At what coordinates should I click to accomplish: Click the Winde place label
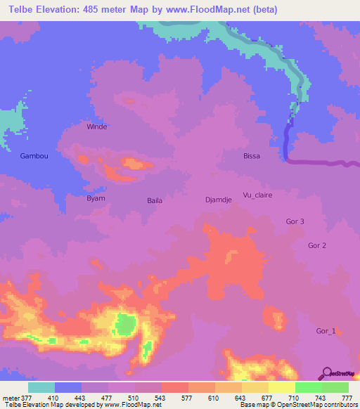pyautogui.click(x=96, y=127)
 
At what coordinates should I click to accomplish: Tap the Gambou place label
pyautogui.click(x=34, y=156)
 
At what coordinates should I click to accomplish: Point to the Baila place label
pyautogui.click(x=155, y=200)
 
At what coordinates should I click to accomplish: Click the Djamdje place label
pyautogui.click(x=218, y=200)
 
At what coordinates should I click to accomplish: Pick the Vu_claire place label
pyautogui.click(x=257, y=195)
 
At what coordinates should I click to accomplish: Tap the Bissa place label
pyautogui.click(x=252, y=156)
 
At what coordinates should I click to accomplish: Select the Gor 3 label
pyautogui.click(x=295, y=221)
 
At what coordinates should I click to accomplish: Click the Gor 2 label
pyautogui.click(x=317, y=245)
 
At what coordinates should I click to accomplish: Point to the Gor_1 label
pyautogui.click(x=326, y=331)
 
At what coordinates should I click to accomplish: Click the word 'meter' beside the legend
pyautogui.click(x=11, y=398)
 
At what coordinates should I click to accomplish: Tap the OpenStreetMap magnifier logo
pyautogui.click(x=327, y=372)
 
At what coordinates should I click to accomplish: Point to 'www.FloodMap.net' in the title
pyautogui.click(x=200, y=10)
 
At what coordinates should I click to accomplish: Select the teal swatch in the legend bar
pyautogui.click(x=41, y=387)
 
